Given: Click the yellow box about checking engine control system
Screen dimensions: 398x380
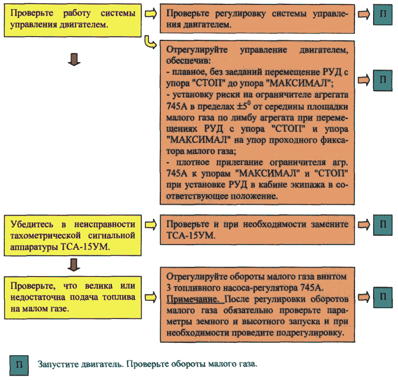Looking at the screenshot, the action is [73, 20].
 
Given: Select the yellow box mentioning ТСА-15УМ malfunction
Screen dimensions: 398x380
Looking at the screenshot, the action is [73, 235].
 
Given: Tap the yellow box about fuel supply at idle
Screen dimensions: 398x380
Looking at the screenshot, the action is [73, 297].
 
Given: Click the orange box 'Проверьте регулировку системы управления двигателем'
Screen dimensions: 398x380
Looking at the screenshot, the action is [257, 19].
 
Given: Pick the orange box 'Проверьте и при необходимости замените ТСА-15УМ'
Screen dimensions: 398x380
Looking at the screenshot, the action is [257, 230].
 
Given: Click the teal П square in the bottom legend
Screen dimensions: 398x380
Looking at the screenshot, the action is [19, 365].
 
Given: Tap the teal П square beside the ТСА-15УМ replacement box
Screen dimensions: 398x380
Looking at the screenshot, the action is [383, 225].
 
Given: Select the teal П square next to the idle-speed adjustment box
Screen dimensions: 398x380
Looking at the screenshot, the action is [383, 298].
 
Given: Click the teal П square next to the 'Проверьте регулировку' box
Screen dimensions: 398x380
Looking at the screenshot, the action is [383, 14].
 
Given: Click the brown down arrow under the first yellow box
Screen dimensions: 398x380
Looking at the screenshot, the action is [74, 59].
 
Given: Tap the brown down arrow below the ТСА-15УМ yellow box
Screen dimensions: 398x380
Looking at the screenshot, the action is [74, 265].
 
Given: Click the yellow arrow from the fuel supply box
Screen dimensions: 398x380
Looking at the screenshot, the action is [151, 297].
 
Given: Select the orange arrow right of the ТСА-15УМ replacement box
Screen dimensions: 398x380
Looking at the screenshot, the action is [364, 225].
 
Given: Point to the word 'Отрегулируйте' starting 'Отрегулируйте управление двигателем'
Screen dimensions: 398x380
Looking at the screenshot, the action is [197, 50].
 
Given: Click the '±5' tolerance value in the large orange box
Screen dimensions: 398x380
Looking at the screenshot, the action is [244, 105].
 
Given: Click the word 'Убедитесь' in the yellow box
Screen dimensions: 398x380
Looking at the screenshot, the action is [32, 224].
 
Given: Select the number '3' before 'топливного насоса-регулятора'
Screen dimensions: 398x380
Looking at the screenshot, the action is [169, 288].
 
